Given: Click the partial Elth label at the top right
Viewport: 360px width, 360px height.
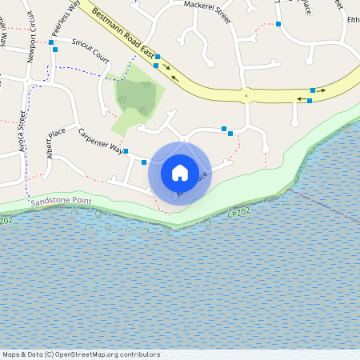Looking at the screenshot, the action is click(x=353, y=19).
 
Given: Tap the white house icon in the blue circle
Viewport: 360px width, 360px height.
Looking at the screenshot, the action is click(x=180, y=172).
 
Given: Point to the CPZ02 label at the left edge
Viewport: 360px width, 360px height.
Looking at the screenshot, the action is click(x=6, y=220).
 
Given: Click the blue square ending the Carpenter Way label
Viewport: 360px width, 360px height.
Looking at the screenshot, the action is click(x=126, y=150).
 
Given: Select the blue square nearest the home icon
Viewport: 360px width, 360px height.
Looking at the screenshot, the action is click(x=143, y=162).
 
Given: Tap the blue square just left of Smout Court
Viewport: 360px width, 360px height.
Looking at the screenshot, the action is click(x=51, y=41).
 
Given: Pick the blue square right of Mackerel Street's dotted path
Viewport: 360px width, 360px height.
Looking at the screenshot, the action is click(x=278, y=24).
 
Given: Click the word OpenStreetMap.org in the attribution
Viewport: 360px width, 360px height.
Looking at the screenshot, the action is click(x=88, y=354).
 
